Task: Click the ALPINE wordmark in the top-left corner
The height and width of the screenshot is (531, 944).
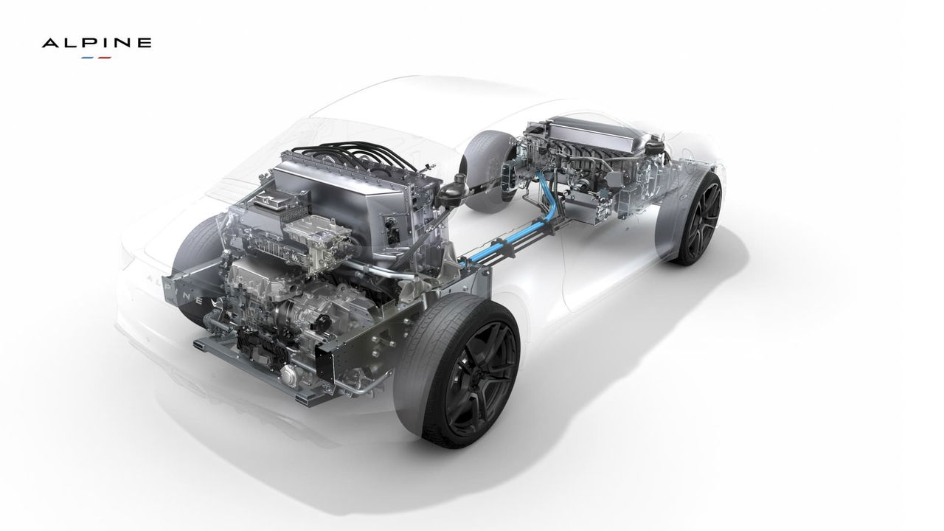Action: (97, 44)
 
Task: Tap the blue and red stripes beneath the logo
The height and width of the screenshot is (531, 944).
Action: (97, 57)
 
